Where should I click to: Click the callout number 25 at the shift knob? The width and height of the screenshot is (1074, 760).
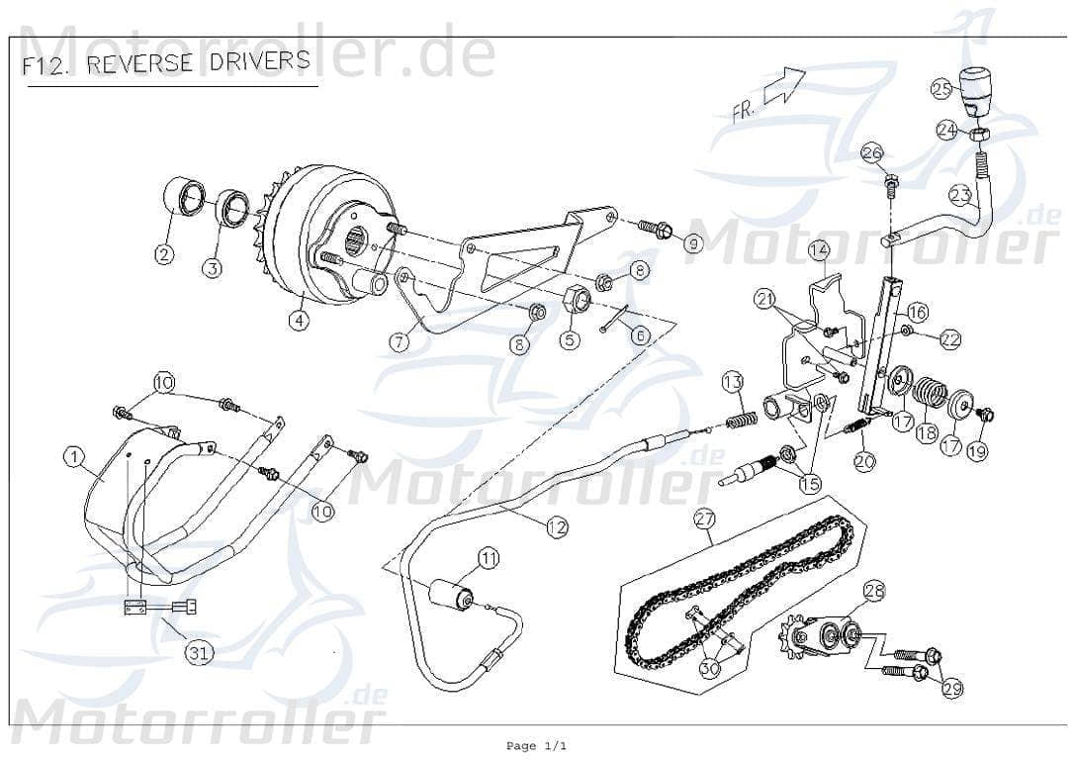940,89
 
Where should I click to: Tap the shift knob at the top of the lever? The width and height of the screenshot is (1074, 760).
976,92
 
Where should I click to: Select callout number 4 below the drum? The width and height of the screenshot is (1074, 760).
297,320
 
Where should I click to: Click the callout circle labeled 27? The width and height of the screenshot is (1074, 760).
703,518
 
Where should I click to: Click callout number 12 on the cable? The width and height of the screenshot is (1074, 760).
557,527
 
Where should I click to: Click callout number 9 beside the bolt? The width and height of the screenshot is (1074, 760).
693,242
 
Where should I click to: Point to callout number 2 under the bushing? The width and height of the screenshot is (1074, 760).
164,254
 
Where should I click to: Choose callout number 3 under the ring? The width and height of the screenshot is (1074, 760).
213,267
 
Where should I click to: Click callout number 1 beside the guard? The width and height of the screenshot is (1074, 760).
73,456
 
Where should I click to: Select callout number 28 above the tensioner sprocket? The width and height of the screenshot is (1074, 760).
874,592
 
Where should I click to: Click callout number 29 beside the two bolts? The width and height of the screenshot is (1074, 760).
951,689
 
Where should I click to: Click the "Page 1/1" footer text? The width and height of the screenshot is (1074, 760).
536,745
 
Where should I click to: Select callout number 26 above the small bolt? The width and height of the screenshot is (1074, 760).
870,153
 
